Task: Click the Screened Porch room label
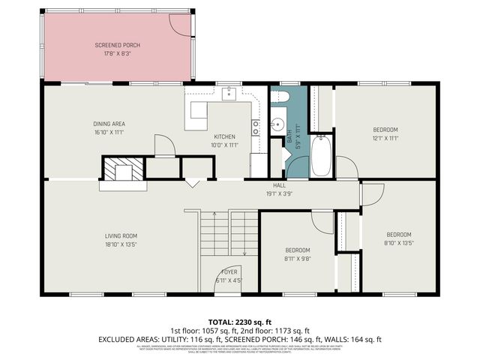(x=117, y=49)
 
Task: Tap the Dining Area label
(x=109, y=128)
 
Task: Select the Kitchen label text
(x=223, y=140)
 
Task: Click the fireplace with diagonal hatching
(x=117, y=170)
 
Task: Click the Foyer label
(x=229, y=275)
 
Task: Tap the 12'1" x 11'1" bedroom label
(x=385, y=133)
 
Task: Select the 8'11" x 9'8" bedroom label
(x=297, y=254)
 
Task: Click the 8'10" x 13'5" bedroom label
(x=398, y=238)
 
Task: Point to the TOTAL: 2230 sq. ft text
(x=239, y=320)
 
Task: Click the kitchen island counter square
(x=198, y=110)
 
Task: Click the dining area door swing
(x=163, y=144)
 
